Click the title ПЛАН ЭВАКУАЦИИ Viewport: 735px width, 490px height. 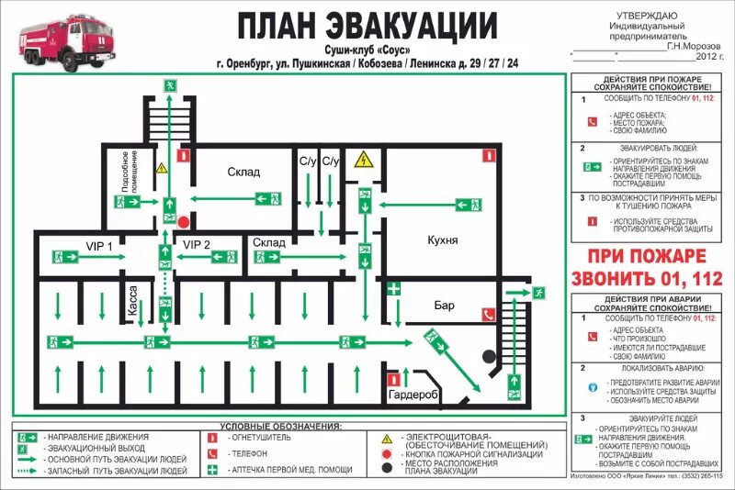pos(367,25)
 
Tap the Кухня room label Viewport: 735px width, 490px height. pos(443,239)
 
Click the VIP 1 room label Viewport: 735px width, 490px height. pos(98,245)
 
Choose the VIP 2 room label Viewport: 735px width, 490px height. pos(197,244)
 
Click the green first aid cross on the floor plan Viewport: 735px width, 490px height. pos(394,289)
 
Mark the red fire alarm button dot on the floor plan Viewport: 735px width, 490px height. pos(184,222)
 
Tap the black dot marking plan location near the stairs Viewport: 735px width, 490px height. pos(490,355)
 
